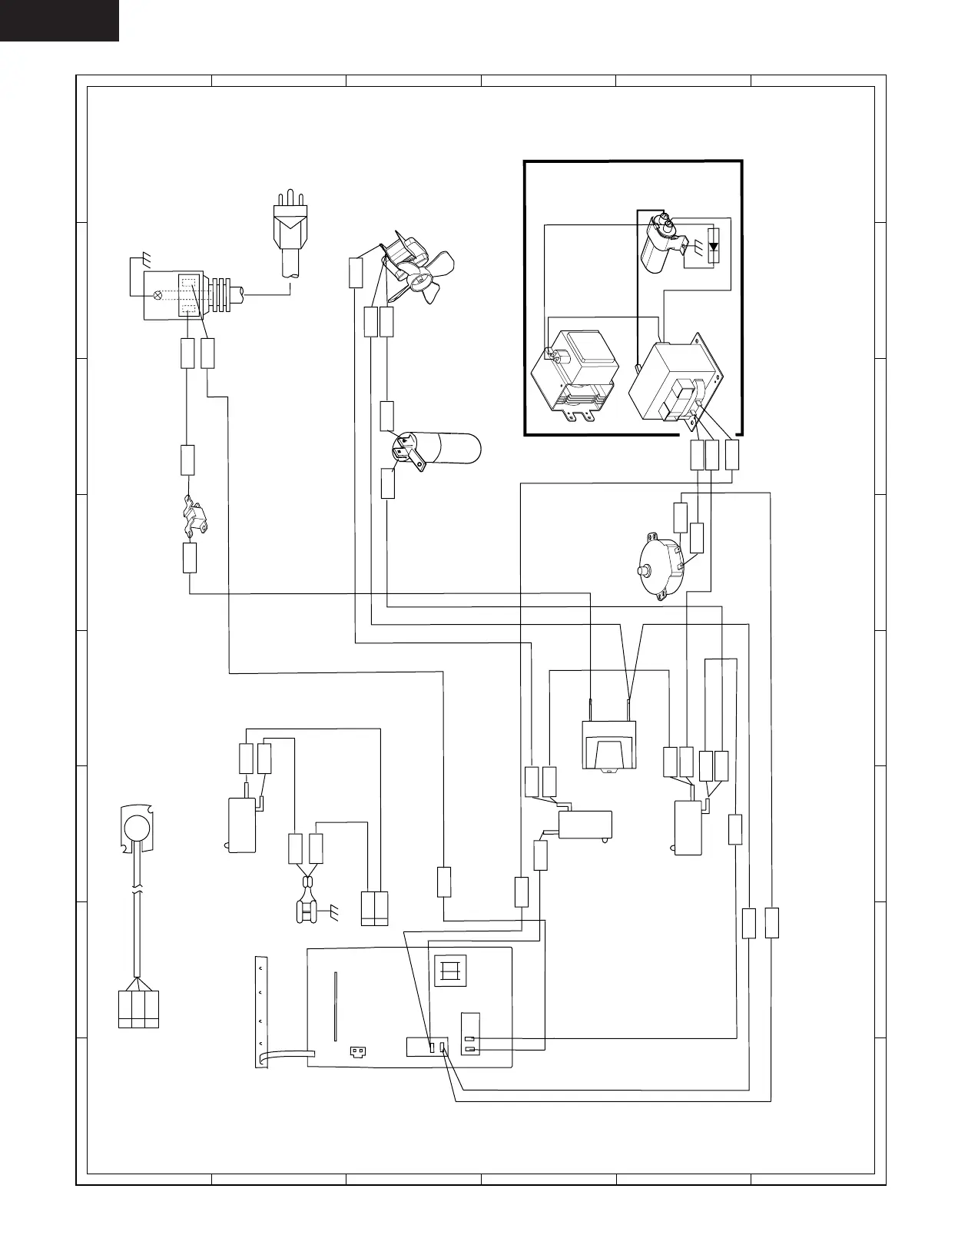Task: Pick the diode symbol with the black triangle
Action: (x=714, y=247)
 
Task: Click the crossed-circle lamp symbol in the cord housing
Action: (x=159, y=295)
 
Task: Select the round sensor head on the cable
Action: (x=137, y=827)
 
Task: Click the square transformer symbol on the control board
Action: (x=449, y=971)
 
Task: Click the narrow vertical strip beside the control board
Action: (x=260, y=1011)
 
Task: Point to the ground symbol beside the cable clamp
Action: (x=335, y=912)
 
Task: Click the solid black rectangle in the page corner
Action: (x=59, y=20)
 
